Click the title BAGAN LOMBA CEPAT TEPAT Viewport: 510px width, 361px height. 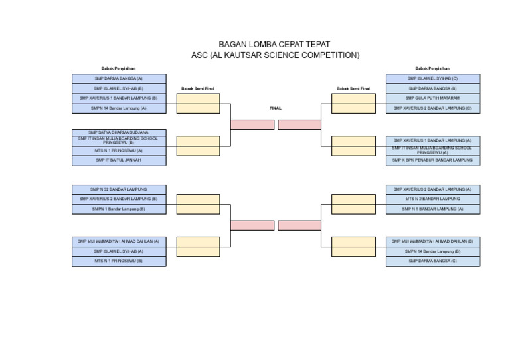274,44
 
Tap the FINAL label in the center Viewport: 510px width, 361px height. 275,108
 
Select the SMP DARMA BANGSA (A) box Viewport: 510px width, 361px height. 119,78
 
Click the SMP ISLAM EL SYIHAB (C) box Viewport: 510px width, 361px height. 432,78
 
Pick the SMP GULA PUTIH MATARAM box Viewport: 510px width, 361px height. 432,98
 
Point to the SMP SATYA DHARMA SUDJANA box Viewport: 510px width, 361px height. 119,132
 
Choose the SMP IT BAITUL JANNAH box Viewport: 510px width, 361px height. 119,160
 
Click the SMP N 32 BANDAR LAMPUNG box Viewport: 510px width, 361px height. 119,189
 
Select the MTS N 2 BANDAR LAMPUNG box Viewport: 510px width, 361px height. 432,199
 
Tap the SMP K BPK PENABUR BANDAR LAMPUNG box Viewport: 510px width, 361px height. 432,160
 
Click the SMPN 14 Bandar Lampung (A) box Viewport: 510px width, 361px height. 119,108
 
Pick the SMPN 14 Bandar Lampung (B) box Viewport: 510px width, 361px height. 432,251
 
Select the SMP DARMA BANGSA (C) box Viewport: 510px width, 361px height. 432,261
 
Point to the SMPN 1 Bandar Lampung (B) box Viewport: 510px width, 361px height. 119,209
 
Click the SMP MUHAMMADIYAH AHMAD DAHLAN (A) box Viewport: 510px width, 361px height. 119,241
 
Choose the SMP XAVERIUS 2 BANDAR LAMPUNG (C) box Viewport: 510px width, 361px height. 432,108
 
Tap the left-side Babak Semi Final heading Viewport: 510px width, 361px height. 198,88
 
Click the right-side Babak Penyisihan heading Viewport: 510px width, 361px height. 432,68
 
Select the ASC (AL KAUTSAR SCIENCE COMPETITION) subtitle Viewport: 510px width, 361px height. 275,55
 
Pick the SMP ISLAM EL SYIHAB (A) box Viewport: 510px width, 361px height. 119,251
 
